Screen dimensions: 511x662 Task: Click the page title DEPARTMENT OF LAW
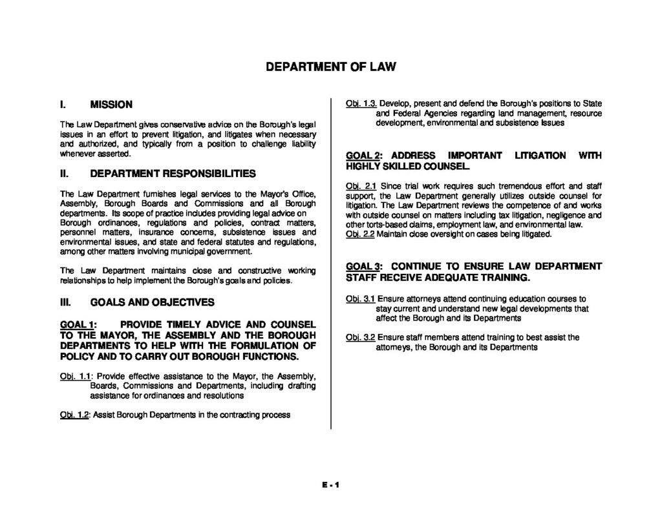pyautogui.click(x=330, y=67)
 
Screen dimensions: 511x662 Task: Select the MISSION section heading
pyautogui.click(x=111, y=104)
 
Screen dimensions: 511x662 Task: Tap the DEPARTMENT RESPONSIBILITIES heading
pyautogui.click(x=173, y=174)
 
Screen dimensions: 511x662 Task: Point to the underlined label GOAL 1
pyautogui.click(x=78, y=324)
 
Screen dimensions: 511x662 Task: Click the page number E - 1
pyautogui.click(x=330, y=485)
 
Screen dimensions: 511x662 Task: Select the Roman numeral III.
pyautogui.click(x=65, y=302)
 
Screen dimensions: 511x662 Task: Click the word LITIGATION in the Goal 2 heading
pyautogui.click(x=540, y=156)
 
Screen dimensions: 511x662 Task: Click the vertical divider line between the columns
pyautogui.click(x=331, y=258)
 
